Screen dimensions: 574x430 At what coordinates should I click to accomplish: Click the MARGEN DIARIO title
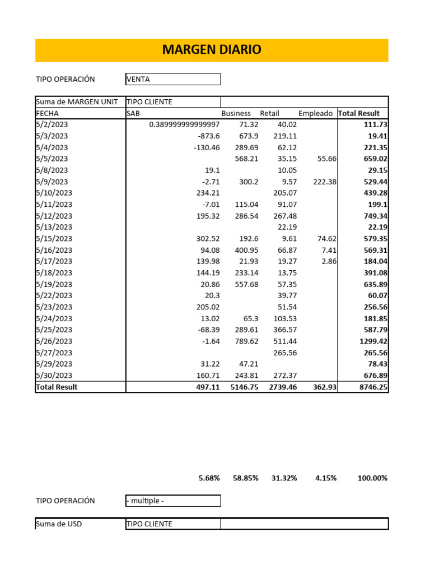212,50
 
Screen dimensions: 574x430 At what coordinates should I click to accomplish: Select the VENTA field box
173,79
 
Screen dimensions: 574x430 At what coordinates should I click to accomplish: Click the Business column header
236,113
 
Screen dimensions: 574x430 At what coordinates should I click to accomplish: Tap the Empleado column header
316,113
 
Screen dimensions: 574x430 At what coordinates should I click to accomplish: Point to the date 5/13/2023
54,227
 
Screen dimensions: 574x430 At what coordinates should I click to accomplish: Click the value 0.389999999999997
184,124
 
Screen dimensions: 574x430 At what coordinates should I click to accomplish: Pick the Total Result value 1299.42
373,341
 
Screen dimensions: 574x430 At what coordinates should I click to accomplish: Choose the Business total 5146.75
244,387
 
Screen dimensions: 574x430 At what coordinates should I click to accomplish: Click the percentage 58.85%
245,478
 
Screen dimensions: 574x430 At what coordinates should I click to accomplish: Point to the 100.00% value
372,478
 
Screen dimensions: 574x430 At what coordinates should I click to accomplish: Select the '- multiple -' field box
173,501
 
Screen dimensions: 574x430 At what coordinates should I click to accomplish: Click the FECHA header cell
47,113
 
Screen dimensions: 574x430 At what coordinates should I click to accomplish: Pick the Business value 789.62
245,341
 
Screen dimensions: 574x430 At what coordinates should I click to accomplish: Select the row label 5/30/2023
54,376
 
